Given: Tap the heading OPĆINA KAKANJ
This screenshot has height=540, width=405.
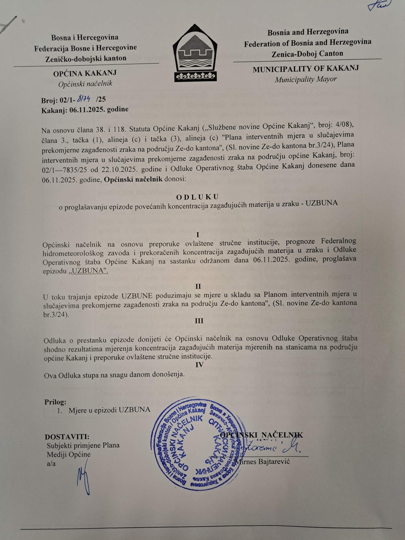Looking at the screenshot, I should click(85, 73).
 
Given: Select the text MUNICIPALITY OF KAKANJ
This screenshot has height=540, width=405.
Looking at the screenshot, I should click(306, 69).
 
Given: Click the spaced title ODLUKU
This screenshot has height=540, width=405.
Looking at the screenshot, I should click(197, 197).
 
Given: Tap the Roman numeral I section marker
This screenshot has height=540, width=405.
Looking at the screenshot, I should click(198, 234).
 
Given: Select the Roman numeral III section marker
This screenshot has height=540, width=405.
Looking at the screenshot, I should click(199, 321).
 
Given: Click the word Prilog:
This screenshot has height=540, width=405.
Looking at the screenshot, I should click(55, 402).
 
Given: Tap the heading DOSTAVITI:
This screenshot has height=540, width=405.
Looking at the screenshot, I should click(67, 437).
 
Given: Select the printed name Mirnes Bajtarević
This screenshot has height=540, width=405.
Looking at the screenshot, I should click(262, 461).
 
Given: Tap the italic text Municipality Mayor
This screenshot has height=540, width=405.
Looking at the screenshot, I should click(306, 79).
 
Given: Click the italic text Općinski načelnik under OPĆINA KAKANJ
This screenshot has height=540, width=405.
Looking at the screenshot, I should click(85, 84).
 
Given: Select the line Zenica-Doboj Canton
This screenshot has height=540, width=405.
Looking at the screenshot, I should click(307, 54).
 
